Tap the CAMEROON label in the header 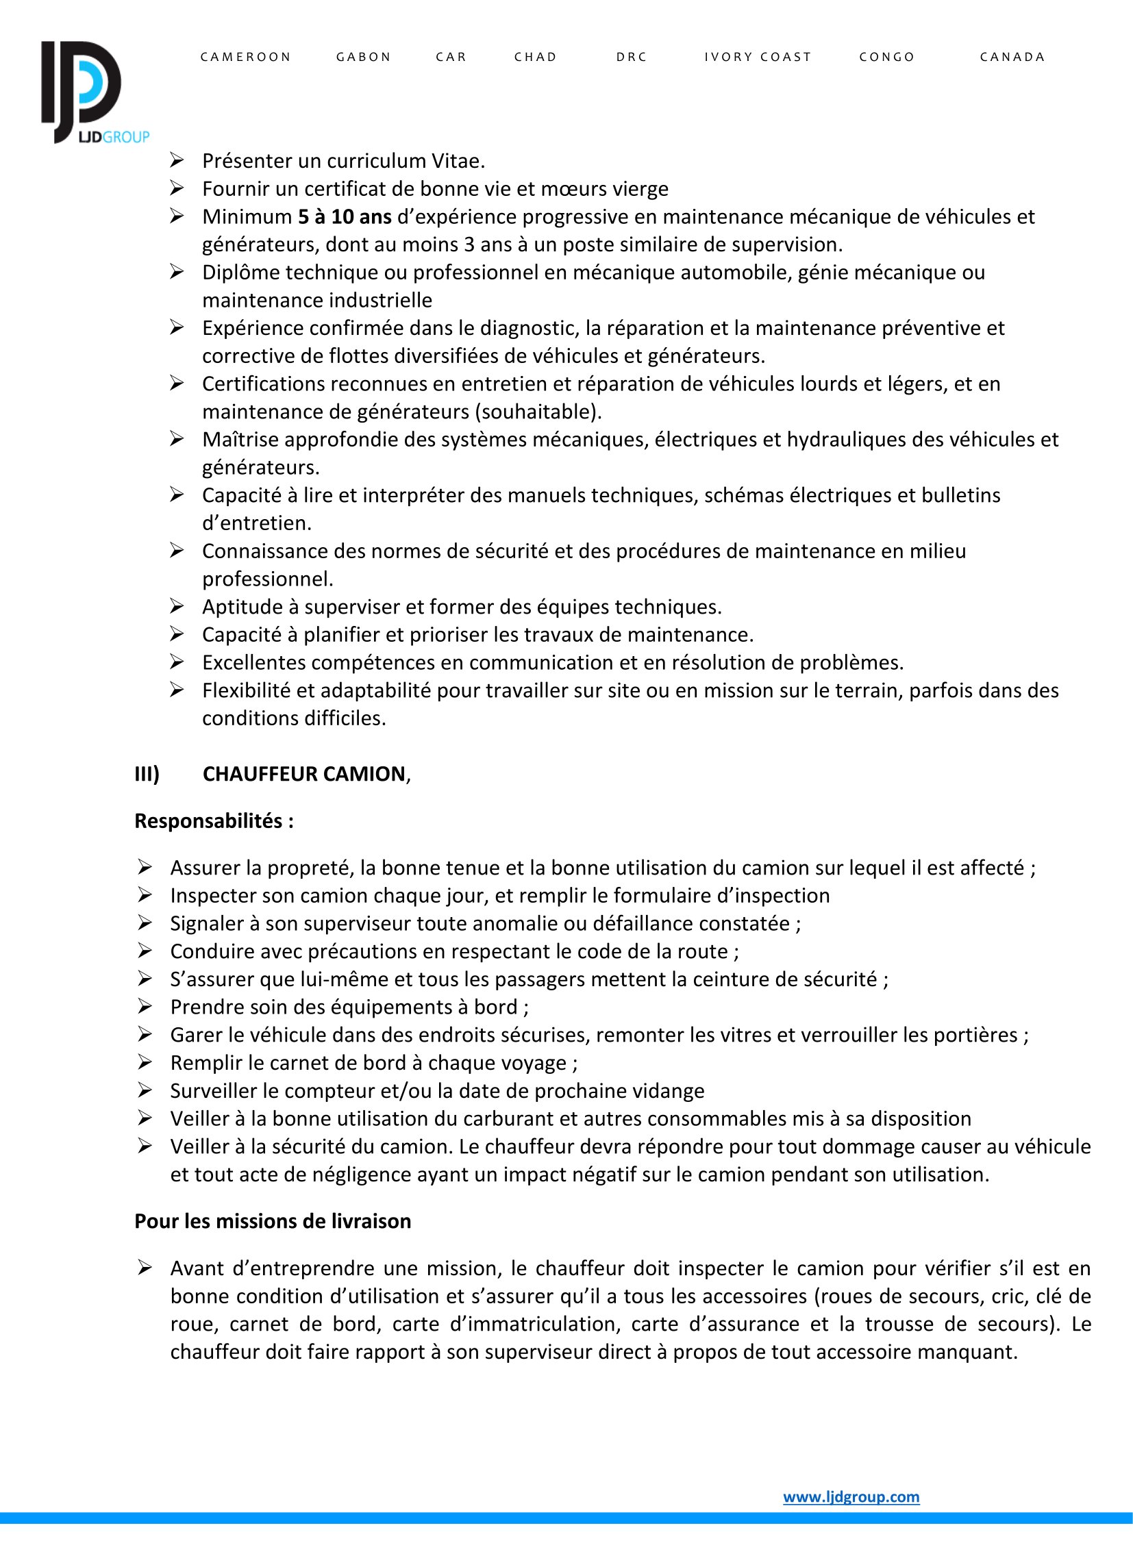[x=245, y=57]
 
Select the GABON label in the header [x=364, y=57]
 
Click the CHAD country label [x=536, y=57]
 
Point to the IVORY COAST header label [x=758, y=57]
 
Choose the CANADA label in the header [x=1012, y=57]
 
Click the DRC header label [x=632, y=57]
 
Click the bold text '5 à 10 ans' [x=345, y=216]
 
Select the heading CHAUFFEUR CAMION [x=305, y=774]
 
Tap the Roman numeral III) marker [x=147, y=774]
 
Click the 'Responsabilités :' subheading [x=214, y=821]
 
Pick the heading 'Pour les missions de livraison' [x=272, y=1221]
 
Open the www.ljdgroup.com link [x=851, y=1496]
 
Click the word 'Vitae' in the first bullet [x=457, y=161]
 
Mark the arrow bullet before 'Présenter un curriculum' [x=177, y=160]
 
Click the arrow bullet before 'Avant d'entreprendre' [x=144, y=1268]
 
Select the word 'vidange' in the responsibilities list [x=667, y=1090]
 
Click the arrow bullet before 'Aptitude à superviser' [x=177, y=606]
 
